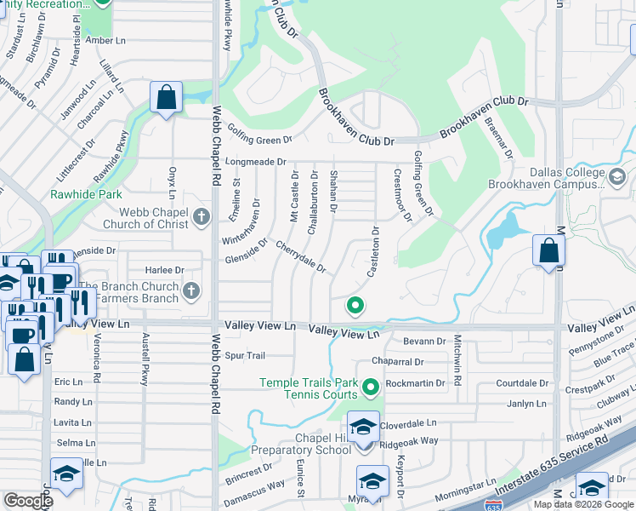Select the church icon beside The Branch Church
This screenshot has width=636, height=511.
pos(192,291)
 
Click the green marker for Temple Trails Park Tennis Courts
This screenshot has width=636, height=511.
pos(370,389)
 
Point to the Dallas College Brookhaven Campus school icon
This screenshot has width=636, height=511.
pos(617,177)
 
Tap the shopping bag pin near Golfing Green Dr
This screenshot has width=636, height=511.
pos(166,97)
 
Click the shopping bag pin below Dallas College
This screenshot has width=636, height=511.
pos(548,251)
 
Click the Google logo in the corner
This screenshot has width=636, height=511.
pos(28,500)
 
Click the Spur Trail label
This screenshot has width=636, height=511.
pos(245,355)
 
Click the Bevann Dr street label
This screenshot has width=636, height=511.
pos(424,342)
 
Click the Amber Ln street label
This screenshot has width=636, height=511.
pos(105,40)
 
